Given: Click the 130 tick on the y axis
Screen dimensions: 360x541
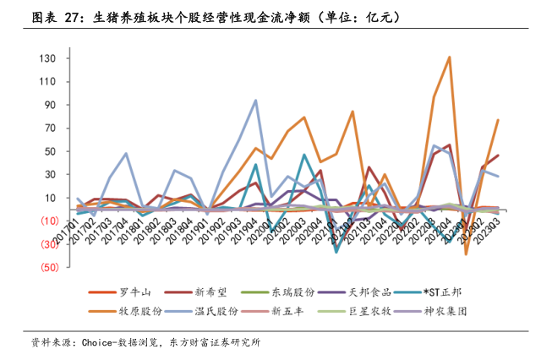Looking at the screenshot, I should coord(46,58).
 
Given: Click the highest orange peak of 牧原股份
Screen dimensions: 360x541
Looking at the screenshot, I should coord(449,57).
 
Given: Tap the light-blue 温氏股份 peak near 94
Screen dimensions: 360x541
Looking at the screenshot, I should coord(255,101).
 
